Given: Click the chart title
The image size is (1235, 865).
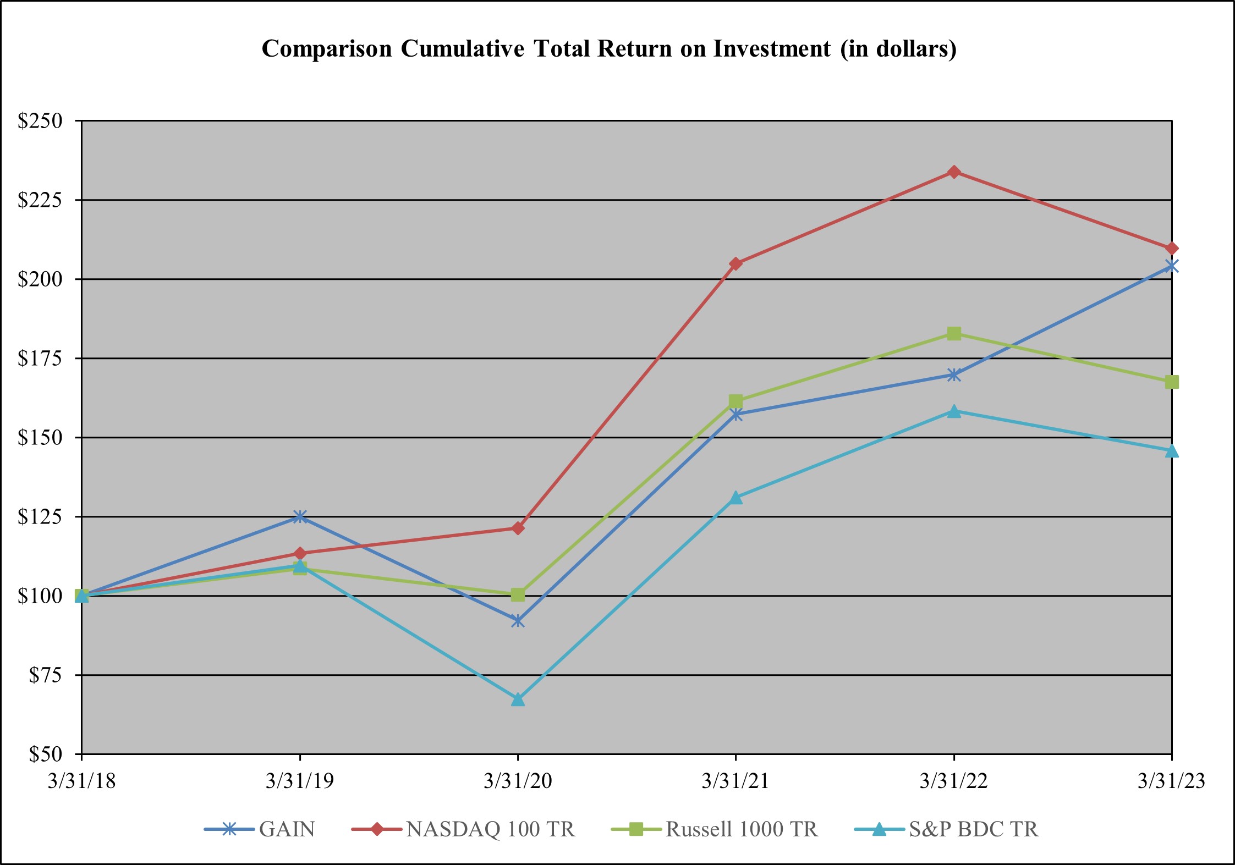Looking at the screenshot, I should pyautogui.click(x=609, y=49).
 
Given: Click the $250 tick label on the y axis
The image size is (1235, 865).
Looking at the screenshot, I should pyautogui.click(x=40, y=121).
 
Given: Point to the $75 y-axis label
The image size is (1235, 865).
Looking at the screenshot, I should pyautogui.click(x=46, y=675).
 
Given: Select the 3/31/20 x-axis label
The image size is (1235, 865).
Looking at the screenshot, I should pyautogui.click(x=518, y=781).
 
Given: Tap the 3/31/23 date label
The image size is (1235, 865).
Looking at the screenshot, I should pyautogui.click(x=1171, y=781).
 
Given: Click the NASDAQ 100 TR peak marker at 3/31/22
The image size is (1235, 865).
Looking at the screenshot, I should pyautogui.click(x=954, y=172).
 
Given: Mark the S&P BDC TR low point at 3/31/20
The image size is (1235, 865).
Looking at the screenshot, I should pyautogui.click(x=518, y=699).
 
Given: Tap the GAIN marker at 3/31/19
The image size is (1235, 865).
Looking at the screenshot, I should pyautogui.click(x=300, y=516).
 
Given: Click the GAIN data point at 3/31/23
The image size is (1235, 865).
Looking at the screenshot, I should pyautogui.click(x=1172, y=267).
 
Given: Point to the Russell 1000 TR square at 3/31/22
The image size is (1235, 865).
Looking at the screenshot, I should pyautogui.click(x=954, y=334).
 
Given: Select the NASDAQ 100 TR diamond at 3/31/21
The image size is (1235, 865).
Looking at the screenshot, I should pyautogui.click(x=736, y=264).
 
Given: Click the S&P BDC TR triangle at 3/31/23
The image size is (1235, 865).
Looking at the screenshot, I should pyautogui.click(x=1172, y=451).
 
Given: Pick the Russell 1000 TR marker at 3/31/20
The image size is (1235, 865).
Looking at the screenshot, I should pyautogui.click(x=518, y=594).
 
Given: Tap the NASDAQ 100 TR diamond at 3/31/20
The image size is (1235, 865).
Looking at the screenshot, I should pyautogui.click(x=518, y=528).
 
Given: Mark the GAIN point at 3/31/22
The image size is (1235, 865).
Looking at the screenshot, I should pyautogui.click(x=954, y=375).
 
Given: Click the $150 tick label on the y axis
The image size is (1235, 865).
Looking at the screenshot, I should pyautogui.click(x=40, y=438).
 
